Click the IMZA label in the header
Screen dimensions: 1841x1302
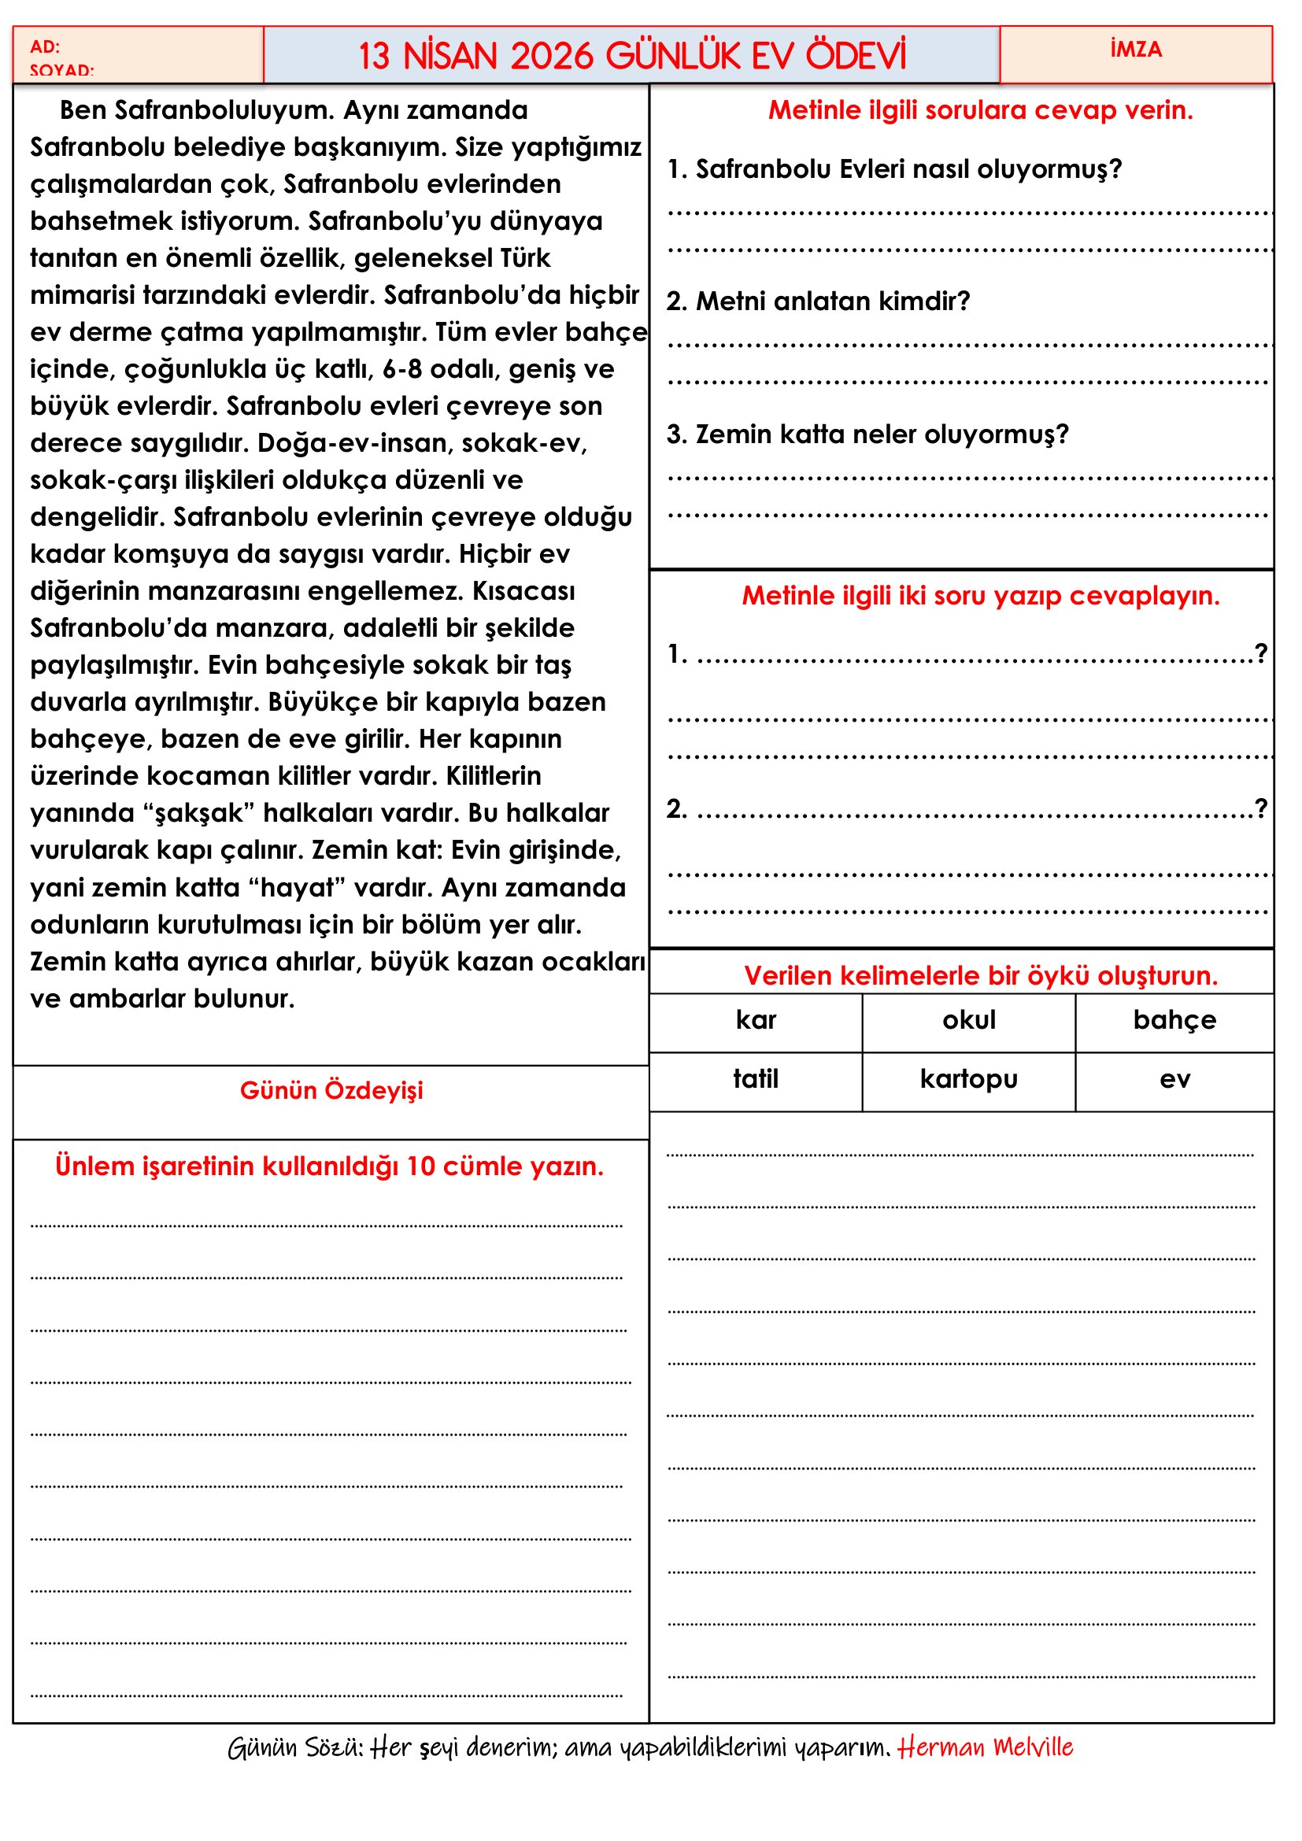[1135, 50]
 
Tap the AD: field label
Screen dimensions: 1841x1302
[45, 46]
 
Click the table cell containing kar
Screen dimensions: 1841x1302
[755, 1020]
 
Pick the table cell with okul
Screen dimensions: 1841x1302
[968, 1020]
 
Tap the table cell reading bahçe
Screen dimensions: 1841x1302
[1174, 1020]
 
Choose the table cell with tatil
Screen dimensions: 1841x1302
[755, 1079]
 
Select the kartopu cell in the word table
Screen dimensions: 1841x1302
[968, 1079]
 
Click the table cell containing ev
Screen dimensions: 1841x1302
[1174, 1079]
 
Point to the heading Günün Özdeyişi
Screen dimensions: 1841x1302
[331, 1090]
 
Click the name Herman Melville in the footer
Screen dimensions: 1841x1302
[985, 1747]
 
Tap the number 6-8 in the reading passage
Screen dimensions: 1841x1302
[401, 370]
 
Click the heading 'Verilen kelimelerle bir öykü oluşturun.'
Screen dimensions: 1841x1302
[981, 976]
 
